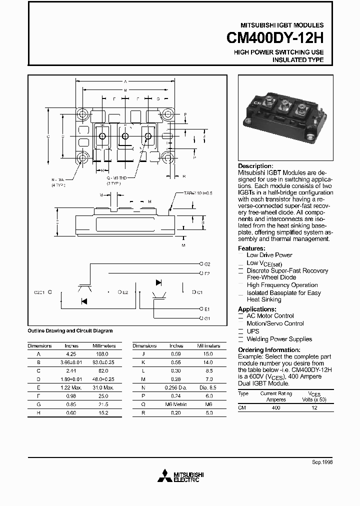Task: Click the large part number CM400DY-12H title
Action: click(275, 38)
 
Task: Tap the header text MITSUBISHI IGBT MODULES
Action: click(282, 25)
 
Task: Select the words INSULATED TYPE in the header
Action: click(297, 60)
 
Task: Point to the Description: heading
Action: click(255, 166)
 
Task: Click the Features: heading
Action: click(251, 248)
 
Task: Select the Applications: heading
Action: click(256, 309)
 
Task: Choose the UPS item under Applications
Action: click(253, 331)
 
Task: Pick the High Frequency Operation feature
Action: click(282, 285)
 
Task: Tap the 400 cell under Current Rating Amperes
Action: click(275, 408)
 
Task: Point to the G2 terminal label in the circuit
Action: click(207, 263)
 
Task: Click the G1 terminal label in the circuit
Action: click(207, 318)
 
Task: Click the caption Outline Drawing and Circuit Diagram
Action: click(70, 331)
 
